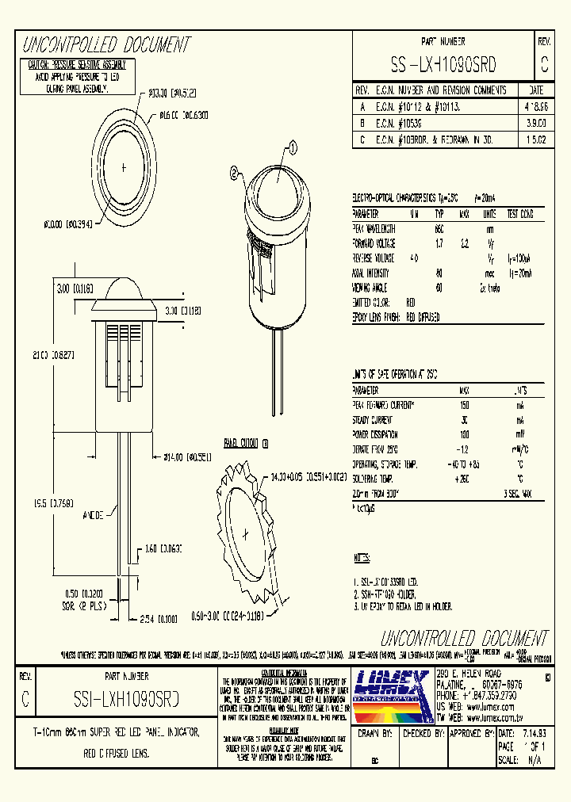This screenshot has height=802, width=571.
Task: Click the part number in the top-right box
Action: [x=443, y=63]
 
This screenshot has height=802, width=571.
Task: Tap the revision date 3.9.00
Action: [x=535, y=123]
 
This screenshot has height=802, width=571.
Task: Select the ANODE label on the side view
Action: [x=94, y=516]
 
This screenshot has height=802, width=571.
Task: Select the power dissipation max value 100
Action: [x=464, y=435]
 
